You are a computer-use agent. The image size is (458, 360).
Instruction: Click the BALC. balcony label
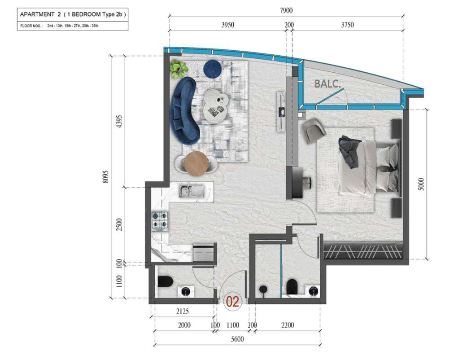pyautogui.click(x=327, y=84)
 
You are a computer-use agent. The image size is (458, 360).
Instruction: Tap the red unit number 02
pyautogui.click(x=233, y=302)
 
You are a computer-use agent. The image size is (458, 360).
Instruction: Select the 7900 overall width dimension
pyautogui.click(x=286, y=10)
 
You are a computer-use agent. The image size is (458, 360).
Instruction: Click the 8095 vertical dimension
pyautogui.click(x=105, y=177)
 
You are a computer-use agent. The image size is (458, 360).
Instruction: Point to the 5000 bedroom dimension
pyautogui.click(x=421, y=184)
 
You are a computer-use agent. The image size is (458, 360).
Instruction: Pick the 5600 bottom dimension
pyautogui.click(x=237, y=339)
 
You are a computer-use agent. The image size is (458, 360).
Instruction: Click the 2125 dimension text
pyautogui.click(x=182, y=311)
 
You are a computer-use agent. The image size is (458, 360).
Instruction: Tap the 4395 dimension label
pyautogui.click(x=119, y=121)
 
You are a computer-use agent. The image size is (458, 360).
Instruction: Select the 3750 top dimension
pyautogui.click(x=347, y=25)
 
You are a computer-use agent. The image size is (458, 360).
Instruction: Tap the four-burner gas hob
pyautogui.click(x=160, y=220)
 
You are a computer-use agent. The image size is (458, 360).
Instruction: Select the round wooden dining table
pyautogui.click(x=196, y=163)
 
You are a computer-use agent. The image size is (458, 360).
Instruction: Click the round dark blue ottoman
pyautogui.click(x=213, y=69)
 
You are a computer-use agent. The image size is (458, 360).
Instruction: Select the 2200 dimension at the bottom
pyautogui.click(x=288, y=325)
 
